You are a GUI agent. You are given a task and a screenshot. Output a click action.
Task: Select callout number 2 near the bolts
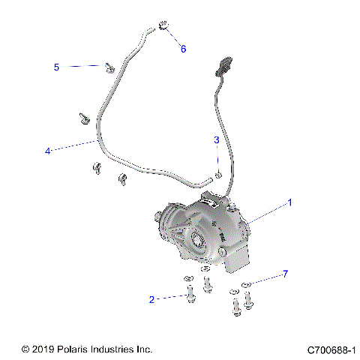tap(152, 299)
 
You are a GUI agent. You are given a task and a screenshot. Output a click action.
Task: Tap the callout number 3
tap(217, 139)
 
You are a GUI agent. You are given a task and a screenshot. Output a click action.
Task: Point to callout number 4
tap(48, 151)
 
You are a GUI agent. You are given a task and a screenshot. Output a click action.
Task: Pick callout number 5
tap(55, 67)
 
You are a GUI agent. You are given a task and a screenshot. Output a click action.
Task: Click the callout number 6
tap(182, 49)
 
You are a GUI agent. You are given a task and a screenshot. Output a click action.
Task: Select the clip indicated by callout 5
tap(109, 68)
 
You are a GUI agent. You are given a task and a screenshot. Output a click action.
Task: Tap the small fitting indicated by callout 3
tap(217, 175)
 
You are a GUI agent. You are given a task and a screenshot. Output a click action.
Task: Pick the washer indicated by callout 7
tap(248, 285)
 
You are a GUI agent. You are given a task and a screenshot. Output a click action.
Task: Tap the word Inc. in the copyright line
tap(144, 349)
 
